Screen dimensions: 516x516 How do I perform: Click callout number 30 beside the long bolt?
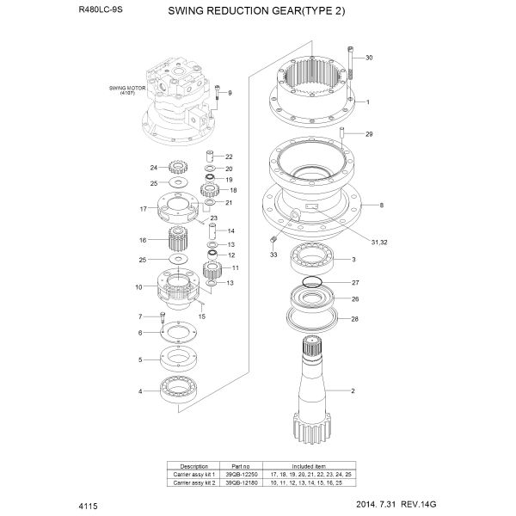pyautogui.click(x=369, y=58)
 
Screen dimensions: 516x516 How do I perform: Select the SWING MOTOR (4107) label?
pyautogui.click(x=127, y=90)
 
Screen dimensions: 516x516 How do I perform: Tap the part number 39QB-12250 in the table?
pyautogui.click(x=241, y=475)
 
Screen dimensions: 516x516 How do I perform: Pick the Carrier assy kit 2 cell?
pyautogui.click(x=193, y=482)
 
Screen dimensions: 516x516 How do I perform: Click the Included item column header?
pyautogui.click(x=309, y=466)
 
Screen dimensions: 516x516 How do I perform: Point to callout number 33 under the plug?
pyautogui.click(x=273, y=255)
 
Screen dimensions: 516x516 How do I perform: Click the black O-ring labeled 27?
pyautogui.click(x=311, y=282)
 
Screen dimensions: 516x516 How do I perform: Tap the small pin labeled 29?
pyautogui.click(x=341, y=133)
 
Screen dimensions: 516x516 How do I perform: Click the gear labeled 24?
pyautogui.click(x=178, y=168)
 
